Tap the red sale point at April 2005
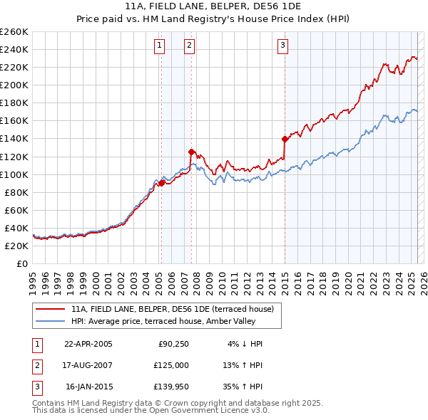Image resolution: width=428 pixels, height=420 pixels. click(x=161, y=183)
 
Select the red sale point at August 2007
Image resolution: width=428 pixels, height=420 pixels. click(x=191, y=152)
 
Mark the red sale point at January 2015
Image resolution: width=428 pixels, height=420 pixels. click(x=285, y=139)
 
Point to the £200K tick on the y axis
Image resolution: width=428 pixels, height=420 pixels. click(x=14, y=85)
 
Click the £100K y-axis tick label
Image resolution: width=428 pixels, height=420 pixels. click(x=14, y=174)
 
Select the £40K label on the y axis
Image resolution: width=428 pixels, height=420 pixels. click(x=17, y=228)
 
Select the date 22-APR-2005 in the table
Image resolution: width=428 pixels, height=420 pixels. click(x=88, y=344)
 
